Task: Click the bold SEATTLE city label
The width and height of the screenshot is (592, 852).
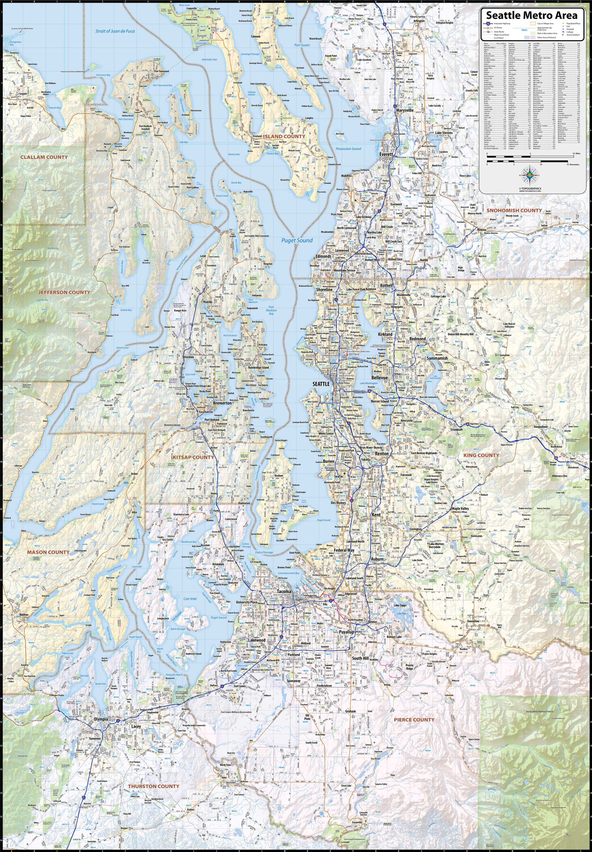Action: (321, 384)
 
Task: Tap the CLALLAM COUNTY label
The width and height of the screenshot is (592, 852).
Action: (44, 157)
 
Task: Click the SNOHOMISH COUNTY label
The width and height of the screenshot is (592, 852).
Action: (514, 210)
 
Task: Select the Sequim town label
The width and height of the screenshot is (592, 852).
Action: (23, 94)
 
